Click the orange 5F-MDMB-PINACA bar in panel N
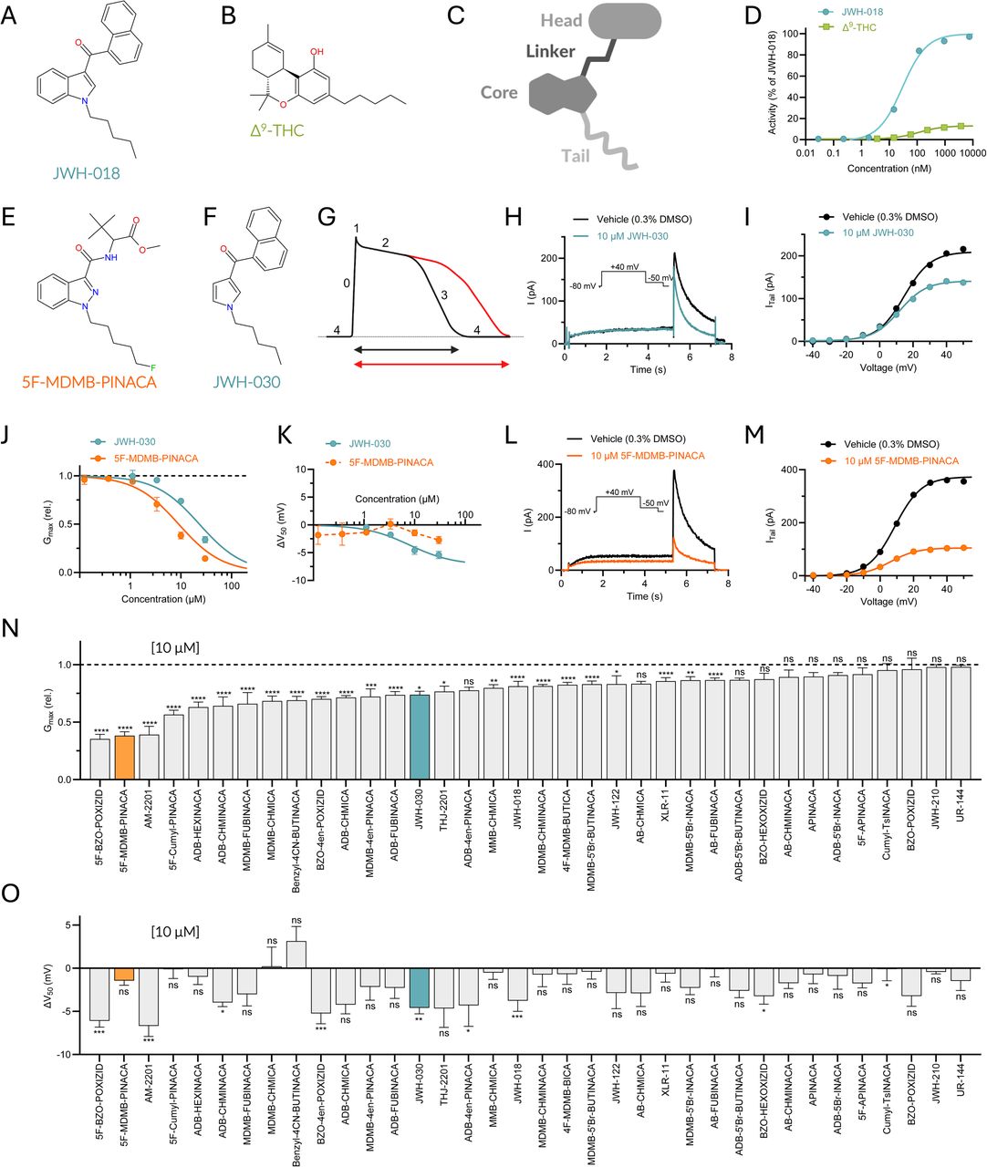124,757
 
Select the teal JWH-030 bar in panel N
420,737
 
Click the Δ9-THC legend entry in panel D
848,26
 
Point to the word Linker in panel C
550,51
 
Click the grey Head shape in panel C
624,22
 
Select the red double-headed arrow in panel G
431,364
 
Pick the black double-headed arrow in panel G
406,350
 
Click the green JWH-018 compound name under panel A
87,172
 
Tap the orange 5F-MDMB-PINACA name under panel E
89,382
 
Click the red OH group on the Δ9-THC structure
317,52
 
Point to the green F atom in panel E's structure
152,367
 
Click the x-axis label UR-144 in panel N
961,806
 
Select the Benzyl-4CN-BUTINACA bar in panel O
296,955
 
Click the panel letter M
755,435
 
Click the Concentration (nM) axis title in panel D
888,169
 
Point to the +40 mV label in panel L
619,492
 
